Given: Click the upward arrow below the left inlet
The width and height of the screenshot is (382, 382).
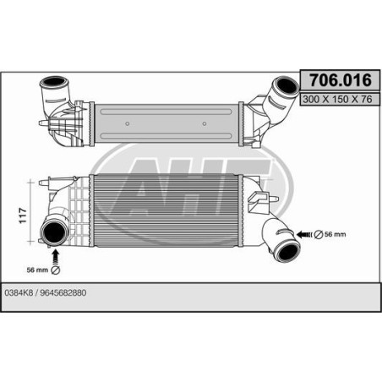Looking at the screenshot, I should pyautogui.click(x=56, y=254).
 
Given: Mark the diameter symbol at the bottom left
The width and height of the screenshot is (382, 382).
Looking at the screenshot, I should pyautogui.click(x=56, y=270).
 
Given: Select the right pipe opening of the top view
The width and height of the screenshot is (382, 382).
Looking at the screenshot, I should pyautogui.click(x=282, y=86).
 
